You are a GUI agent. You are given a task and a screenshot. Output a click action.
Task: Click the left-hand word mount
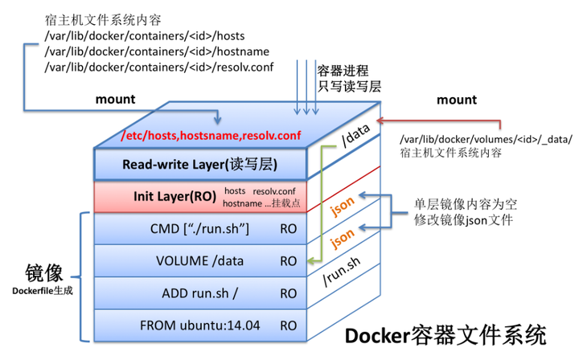point(115,100)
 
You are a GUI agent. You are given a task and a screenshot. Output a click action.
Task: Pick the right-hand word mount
point(456,100)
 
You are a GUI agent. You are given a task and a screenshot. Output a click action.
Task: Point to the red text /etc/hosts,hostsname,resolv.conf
point(211,136)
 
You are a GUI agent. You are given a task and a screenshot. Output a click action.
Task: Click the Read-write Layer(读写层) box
point(199,165)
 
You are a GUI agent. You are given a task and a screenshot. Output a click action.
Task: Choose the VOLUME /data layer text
point(200,260)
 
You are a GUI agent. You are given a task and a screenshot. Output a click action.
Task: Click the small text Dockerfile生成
point(43,290)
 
